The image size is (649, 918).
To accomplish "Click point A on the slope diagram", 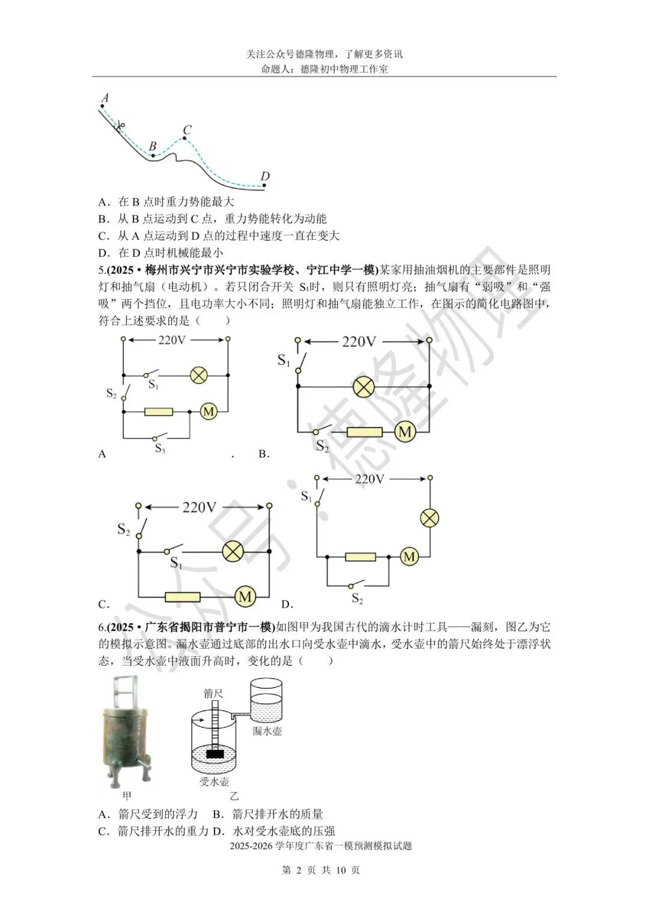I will click(103, 106).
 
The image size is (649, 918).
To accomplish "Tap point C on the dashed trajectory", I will click(184, 139).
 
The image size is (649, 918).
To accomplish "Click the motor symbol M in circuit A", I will click(209, 412).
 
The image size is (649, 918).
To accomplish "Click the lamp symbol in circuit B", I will click(363, 386).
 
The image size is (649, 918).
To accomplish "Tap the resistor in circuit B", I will click(365, 432).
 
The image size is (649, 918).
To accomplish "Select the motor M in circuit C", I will click(245, 596).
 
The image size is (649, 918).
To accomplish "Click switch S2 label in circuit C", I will click(124, 530).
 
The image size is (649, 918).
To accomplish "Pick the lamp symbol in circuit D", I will click(429, 518).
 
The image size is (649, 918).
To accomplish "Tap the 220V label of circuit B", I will click(359, 341).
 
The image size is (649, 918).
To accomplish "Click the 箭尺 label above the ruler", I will click(213, 693).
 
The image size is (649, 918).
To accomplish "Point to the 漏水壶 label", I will click(267, 731).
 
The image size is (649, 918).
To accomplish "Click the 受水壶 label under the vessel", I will click(215, 782).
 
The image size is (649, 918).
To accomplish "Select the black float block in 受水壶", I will click(215, 753).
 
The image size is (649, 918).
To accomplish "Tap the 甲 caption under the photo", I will click(127, 796).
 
